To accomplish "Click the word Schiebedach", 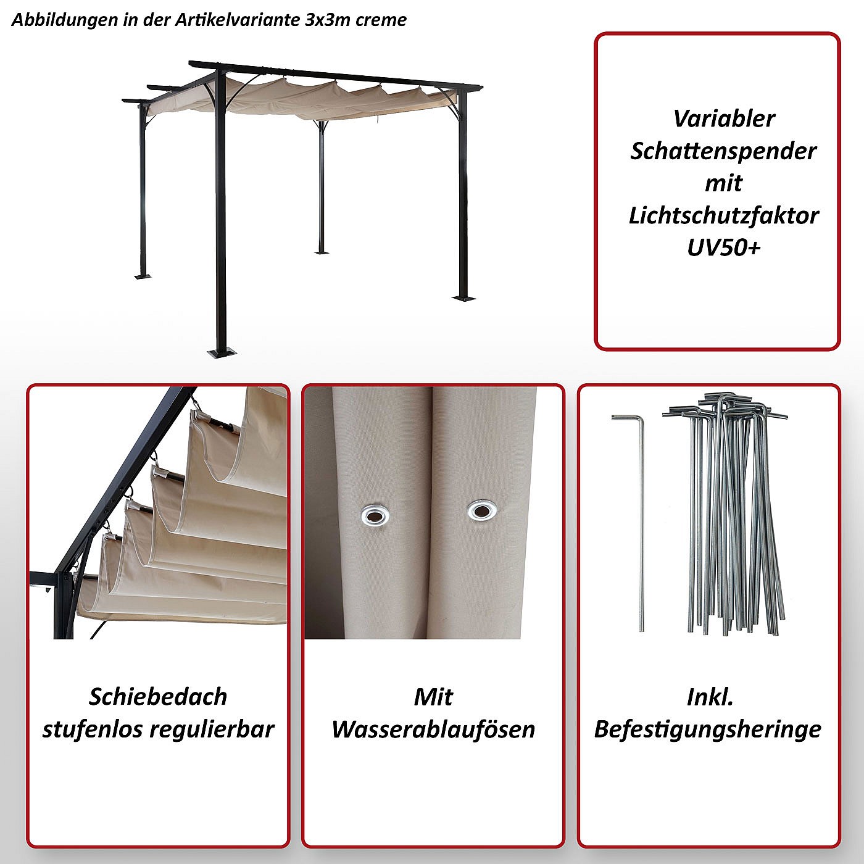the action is click(158, 697).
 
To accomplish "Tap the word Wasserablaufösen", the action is click(433, 730).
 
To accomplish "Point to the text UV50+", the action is click(724, 247).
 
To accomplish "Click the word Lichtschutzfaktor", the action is click(724, 215).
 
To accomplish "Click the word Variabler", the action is click(724, 119).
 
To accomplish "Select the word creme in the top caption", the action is click(381, 20).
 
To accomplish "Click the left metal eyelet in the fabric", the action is click(375, 515).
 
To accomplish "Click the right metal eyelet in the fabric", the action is click(482, 511).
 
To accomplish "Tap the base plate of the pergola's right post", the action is click(464, 297).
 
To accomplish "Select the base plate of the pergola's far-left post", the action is click(143, 276).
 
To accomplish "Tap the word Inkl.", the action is click(710, 697).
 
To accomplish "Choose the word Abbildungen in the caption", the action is click(64, 20).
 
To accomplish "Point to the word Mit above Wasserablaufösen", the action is click(433, 697).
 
